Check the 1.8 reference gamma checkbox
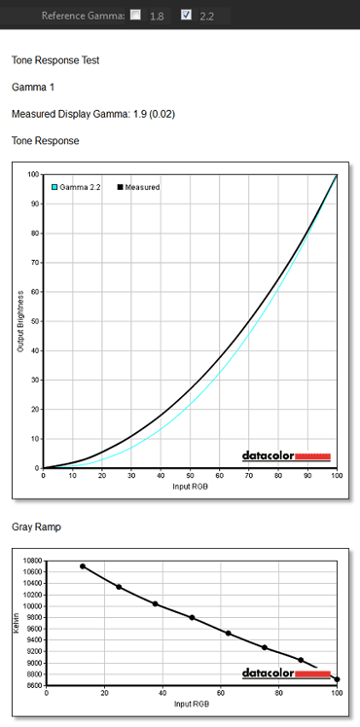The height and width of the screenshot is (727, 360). (135, 15)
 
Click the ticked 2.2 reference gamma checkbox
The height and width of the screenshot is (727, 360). (186, 15)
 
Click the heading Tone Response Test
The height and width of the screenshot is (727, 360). (55, 60)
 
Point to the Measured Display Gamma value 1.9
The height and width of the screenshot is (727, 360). (140, 114)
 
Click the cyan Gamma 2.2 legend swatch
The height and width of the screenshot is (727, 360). (54, 187)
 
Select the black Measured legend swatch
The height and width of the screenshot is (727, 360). (120, 187)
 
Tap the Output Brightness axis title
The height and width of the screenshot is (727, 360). (20, 321)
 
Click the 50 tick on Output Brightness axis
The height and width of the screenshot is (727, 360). (35, 321)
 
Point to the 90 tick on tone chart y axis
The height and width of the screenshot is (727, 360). (35, 204)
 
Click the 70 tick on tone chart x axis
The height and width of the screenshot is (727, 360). (249, 475)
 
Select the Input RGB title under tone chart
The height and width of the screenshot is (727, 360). (190, 487)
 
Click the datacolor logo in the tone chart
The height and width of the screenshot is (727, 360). (286, 456)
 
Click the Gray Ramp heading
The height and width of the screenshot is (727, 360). (36, 527)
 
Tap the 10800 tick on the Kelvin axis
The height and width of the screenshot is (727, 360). (33, 561)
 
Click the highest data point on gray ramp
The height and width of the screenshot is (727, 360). (83, 566)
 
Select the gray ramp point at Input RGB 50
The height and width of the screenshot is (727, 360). (192, 618)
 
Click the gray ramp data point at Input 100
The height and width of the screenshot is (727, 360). (337, 679)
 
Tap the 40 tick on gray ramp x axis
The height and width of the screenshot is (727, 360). (162, 693)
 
